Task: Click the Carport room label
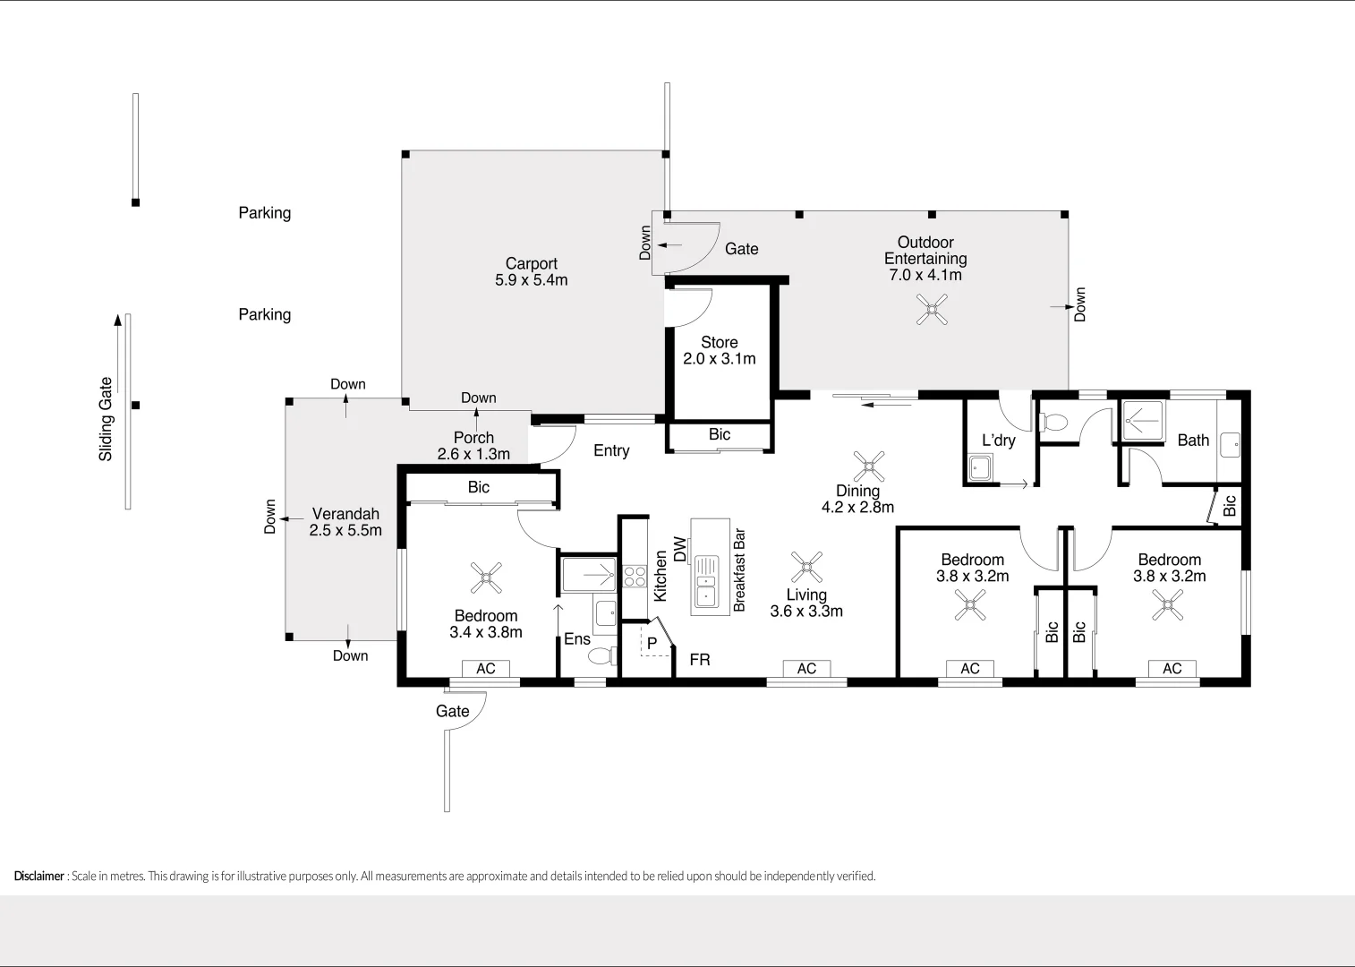pos(531,263)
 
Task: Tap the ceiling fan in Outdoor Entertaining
pos(932,310)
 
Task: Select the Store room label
pos(720,342)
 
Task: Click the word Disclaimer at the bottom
pos(38,876)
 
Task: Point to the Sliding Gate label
pos(106,419)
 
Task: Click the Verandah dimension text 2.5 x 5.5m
pos(345,530)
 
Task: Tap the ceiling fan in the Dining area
pos(868,466)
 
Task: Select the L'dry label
pos(998,440)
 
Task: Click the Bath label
pos(1193,440)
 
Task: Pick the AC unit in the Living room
pos(806,669)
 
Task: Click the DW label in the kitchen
pos(679,549)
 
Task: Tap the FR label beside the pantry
pos(700,660)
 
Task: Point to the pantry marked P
pos(652,643)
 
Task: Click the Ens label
pos(577,638)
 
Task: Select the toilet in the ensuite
pos(602,656)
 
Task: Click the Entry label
pos(611,450)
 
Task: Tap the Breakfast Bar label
pos(739,570)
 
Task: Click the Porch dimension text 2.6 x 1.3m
pos(473,454)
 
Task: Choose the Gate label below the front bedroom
pos(452,711)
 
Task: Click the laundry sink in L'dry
pos(980,466)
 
